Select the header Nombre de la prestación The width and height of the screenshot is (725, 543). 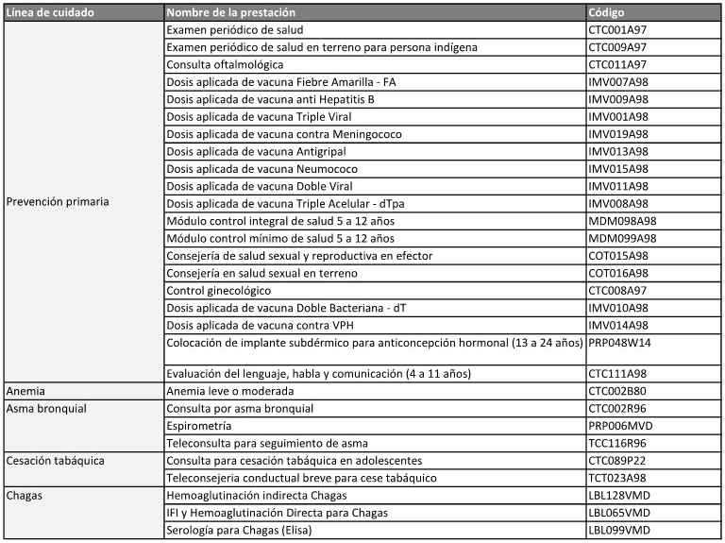point(230,13)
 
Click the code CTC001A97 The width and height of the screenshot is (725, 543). point(618,30)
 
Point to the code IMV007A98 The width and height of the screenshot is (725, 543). point(618,82)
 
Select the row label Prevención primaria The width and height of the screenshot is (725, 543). point(58,202)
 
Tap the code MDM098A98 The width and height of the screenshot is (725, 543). point(622,220)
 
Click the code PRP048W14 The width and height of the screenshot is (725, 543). point(619,342)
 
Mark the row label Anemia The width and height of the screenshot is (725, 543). point(26,390)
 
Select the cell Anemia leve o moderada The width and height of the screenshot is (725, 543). point(235,390)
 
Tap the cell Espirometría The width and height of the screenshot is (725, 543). point(200,425)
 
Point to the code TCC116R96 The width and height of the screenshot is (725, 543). point(618,443)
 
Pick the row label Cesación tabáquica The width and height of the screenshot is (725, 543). point(55,460)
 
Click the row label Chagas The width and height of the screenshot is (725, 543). point(25,494)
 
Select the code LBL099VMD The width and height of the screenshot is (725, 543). point(619,529)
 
